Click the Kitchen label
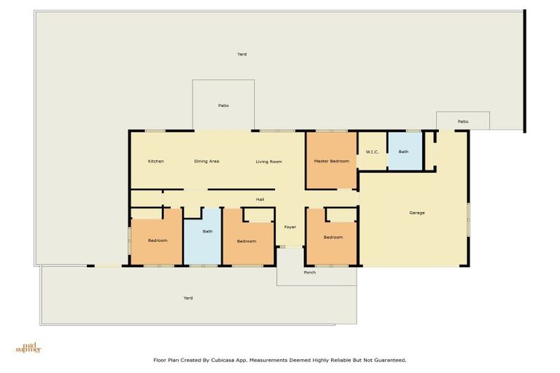pyautogui.click(x=155, y=161)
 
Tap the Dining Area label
pyautogui.click(x=206, y=161)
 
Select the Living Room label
pyautogui.click(x=268, y=161)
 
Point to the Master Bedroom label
pyautogui.click(x=331, y=161)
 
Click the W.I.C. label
pyautogui.click(x=372, y=152)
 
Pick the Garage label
pyautogui.click(x=416, y=213)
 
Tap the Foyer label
pyautogui.click(x=289, y=227)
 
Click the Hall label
pyautogui.click(x=260, y=199)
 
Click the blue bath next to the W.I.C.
pyautogui.click(x=403, y=152)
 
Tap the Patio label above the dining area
pyautogui.click(x=223, y=106)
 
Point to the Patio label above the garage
pyautogui.click(x=462, y=122)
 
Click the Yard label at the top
pyautogui.click(x=242, y=54)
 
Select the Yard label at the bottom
pyautogui.click(x=187, y=297)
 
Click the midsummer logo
pyautogui.click(x=28, y=348)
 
